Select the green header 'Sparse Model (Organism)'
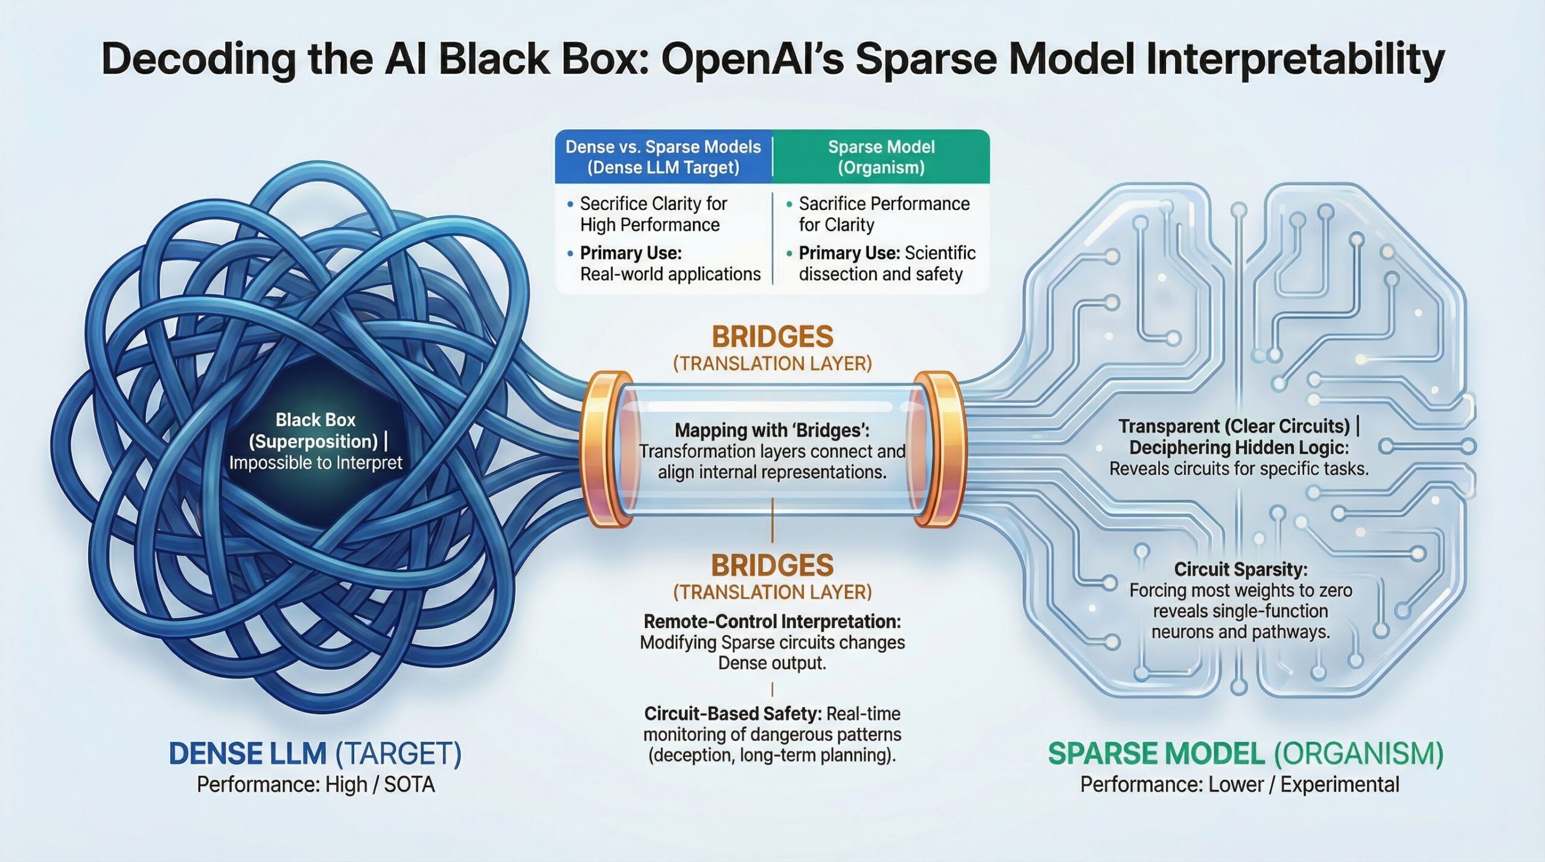[x=881, y=157]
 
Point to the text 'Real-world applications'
[x=670, y=274]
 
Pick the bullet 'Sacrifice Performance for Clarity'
[x=884, y=214]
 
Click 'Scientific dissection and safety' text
[x=887, y=264]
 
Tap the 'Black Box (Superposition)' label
[x=315, y=431]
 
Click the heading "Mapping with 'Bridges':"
[x=772, y=430]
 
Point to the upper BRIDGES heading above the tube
[x=772, y=337]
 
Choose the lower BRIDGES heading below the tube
[x=772, y=566]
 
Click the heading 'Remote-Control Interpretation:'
[x=772, y=621]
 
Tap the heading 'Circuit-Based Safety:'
[x=733, y=714]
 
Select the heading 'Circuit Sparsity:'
[x=1241, y=569]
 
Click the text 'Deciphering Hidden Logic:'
[x=1239, y=448]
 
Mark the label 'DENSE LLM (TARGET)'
[x=315, y=754]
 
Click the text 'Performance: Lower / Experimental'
[x=1240, y=785]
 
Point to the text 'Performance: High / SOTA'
[x=316, y=785]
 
